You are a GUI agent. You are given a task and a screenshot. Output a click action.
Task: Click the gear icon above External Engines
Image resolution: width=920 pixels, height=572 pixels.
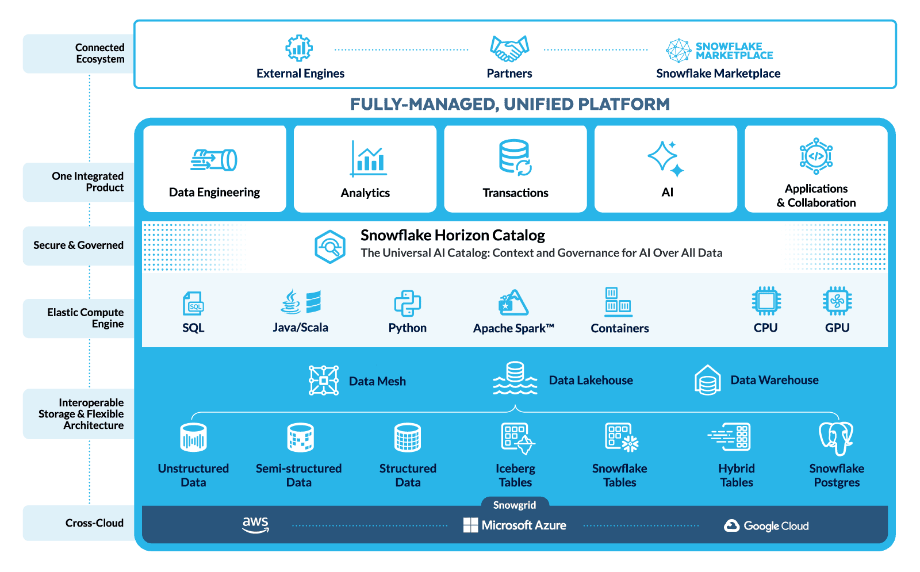coord(299,48)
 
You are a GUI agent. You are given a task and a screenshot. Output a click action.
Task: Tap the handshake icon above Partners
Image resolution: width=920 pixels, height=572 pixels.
coord(509,48)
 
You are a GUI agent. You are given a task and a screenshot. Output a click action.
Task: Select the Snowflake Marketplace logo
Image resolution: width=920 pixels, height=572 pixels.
coord(719,51)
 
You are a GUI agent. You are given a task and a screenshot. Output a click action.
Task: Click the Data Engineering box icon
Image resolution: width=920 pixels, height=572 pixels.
coord(214,160)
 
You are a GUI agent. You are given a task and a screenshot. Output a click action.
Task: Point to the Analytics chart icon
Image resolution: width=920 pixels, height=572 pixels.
coord(368,159)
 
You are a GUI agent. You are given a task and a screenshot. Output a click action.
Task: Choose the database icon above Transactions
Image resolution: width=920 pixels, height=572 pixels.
coord(515,157)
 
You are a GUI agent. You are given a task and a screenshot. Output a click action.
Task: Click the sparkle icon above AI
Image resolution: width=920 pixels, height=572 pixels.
coord(666,158)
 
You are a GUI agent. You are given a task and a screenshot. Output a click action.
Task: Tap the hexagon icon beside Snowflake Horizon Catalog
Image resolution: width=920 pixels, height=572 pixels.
coord(330,247)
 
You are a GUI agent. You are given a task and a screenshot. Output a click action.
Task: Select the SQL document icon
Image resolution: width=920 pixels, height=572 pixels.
coord(193,303)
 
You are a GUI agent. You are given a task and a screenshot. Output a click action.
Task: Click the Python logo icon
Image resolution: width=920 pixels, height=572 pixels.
coord(407,303)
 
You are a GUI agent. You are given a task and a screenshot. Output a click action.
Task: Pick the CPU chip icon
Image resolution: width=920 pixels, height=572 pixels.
coord(766,301)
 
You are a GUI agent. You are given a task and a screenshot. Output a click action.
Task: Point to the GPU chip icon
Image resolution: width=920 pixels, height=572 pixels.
coord(837,301)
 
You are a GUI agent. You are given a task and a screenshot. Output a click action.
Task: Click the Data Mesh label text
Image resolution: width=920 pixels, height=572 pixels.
coord(377,381)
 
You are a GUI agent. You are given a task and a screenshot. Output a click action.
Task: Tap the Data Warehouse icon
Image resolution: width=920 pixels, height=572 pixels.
coord(707,380)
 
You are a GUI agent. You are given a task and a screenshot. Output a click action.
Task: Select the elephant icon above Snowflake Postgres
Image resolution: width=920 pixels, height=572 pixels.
coord(836,439)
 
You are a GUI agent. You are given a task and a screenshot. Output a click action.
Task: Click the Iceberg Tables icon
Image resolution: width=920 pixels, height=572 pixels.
coord(516,439)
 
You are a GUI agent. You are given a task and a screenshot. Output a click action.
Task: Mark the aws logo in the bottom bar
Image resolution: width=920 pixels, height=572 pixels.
coord(255,524)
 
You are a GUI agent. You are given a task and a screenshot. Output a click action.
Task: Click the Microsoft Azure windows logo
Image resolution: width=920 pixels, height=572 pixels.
coord(470,525)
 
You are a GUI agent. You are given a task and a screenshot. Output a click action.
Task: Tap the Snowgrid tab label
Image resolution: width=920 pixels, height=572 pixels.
coord(515,505)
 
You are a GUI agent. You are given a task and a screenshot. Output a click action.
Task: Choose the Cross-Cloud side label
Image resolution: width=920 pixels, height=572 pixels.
coord(94,523)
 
